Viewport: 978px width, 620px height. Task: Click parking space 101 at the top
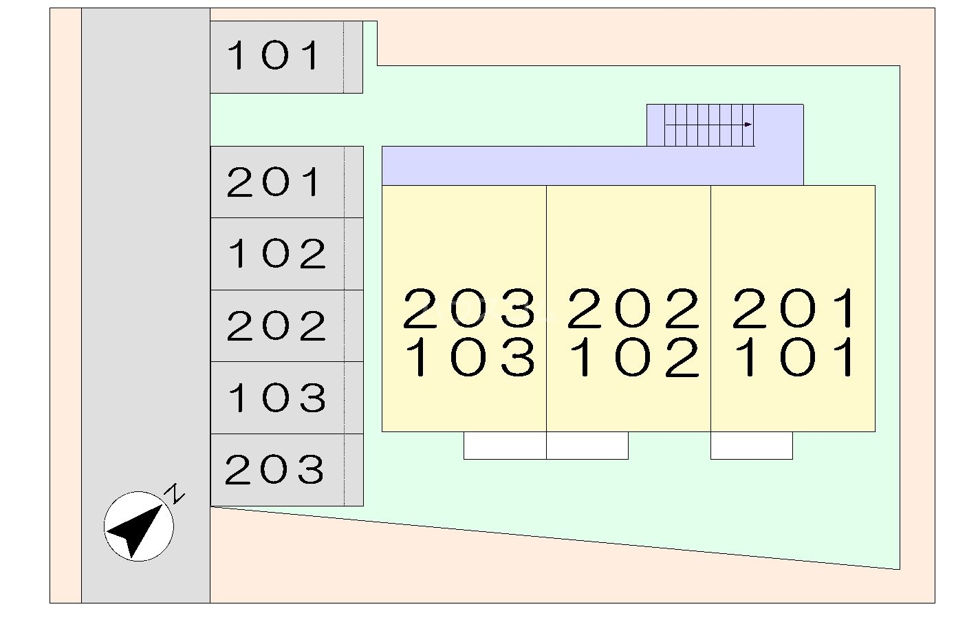click(275, 56)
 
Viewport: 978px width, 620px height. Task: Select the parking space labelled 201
click(275, 182)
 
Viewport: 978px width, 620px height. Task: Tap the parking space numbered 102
click(276, 254)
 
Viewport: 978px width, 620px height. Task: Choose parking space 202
click(276, 326)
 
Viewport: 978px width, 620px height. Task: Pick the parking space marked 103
click(276, 398)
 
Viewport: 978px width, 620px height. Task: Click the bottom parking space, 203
click(275, 470)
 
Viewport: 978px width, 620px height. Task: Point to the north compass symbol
click(138, 527)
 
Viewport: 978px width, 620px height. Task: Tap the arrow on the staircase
click(747, 125)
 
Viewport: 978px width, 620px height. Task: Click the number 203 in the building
click(469, 308)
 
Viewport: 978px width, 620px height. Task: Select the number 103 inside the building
click(469, 359)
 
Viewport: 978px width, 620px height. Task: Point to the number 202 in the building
click(633, 308)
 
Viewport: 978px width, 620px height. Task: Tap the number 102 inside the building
click(633, 359)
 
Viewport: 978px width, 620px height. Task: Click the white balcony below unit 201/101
click(751, 445)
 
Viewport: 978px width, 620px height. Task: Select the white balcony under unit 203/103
click(505, 445)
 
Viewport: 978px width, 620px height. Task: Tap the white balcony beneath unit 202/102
click(587, 445)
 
